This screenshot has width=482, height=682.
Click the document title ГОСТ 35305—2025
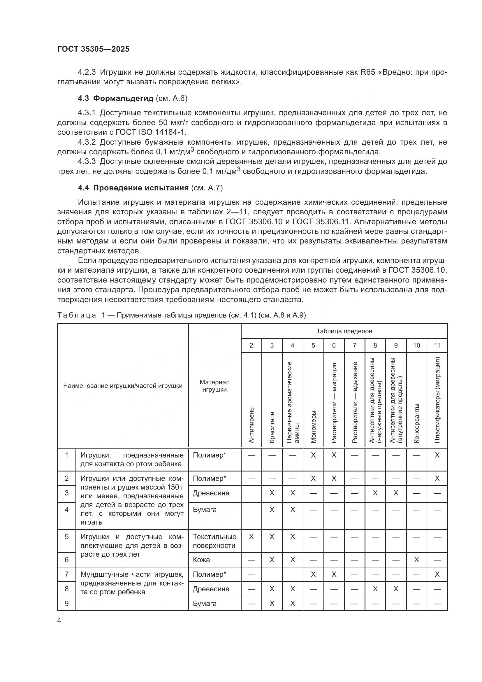(x=93, y=49)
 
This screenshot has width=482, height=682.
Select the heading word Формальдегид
(x=123, y=98)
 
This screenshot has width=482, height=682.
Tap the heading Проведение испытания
(x=141, y=188)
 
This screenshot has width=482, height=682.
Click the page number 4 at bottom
(x=59, y=620)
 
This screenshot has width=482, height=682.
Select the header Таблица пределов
(x=344, y=331)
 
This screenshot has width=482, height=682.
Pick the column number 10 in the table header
(x=416, y=345)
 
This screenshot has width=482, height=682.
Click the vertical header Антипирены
(x=251, y=425)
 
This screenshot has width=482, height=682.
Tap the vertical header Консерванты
(x=416, y=423)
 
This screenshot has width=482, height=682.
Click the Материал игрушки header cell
(x=214, y=386)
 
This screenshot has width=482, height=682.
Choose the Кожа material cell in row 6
(x=201, y=560)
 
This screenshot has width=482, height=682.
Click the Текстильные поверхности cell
(x=214, y=541)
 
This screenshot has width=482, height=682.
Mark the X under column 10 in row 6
(x=416, y=560)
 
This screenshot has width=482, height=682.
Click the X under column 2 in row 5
(x=251, y=537)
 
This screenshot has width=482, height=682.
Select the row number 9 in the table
(x=66, y=603)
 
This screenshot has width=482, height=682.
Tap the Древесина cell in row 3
(x=211, y=493)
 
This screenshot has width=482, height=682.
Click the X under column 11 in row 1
(x=437, y=455)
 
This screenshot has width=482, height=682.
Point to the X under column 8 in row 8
(x=375, y=589)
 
